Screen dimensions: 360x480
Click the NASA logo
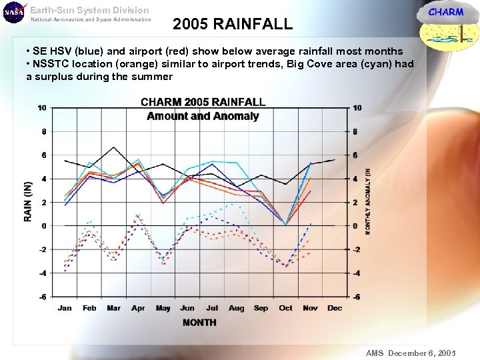point(13,13)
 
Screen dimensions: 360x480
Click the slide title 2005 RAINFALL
point(232,25)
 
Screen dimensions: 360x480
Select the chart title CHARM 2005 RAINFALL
point(203,102)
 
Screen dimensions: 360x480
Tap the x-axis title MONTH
point(199,323)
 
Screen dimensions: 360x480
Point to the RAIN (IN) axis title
point(28,201)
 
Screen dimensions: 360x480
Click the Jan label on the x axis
point(65,308)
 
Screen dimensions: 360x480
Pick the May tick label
point(163,308)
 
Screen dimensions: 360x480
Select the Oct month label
point(285,308)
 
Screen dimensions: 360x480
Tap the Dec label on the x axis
point(335,308)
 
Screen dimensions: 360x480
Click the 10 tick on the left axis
point(42,108)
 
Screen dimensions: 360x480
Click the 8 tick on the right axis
point(357,132)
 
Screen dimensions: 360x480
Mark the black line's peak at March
point(114,147)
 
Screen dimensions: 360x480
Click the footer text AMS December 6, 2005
point(411,353)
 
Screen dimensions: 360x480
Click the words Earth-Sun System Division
point(90,10)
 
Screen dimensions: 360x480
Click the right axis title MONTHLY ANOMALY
point(368,200)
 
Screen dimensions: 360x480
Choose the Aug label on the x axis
point(236,308)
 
